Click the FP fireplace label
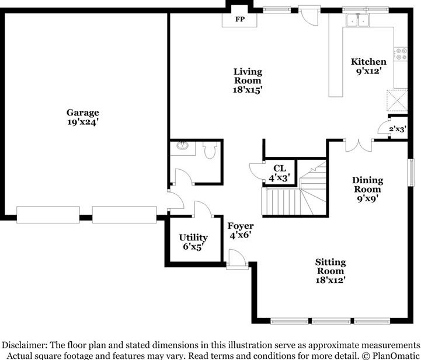239,19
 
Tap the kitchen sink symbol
358,20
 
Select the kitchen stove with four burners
401,54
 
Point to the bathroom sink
183,146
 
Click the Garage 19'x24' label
83,117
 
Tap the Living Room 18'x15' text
247,81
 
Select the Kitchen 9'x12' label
368,66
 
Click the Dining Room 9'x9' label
367,189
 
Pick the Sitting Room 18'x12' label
330,271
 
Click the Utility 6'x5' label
193,242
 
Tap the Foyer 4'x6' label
241,230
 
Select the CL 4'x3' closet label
280,173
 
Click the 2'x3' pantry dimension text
398,129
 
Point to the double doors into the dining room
359,146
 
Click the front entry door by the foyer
236,260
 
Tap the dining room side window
411,172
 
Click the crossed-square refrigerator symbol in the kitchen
397,100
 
